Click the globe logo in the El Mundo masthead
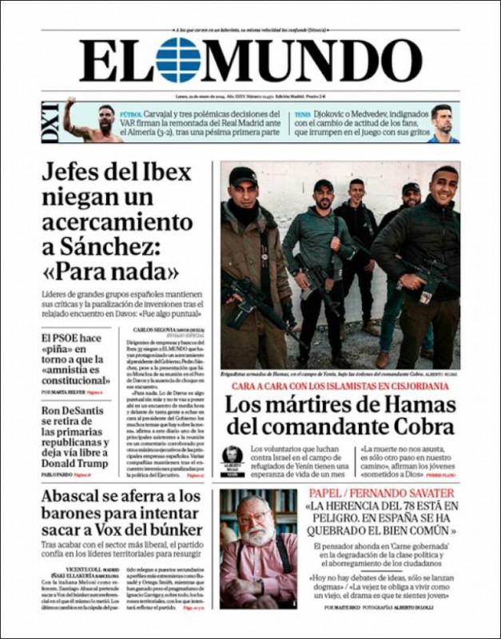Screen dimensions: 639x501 click(178, 61)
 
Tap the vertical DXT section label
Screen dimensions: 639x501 click(50, 121)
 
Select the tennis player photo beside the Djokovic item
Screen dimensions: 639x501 click(443, 122)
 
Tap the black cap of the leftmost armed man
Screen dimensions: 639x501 click(242, 175)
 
